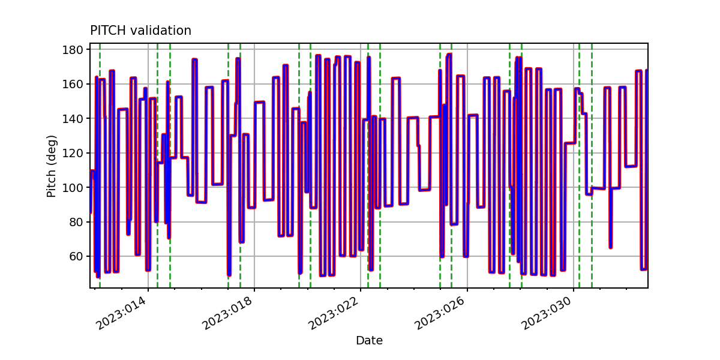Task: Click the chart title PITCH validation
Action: tap(140, 31)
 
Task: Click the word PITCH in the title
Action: tap(108, 31)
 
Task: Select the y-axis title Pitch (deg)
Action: tap(52, 166)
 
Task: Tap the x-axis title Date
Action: tap(369, 340)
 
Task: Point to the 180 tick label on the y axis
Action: tap(73, 50)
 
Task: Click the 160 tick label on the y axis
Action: tap(73, 84)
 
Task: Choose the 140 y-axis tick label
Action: tap(73, 119)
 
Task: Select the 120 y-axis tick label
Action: tap(73, 153)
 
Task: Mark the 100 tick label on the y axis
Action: tap(73, 187)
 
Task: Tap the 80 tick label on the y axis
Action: tap(76, 222)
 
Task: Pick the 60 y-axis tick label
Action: tap(76, 257)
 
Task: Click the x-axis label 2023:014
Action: tap(121, 313)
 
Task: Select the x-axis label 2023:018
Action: tap(227, 313)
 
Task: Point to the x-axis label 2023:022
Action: tap(334, 313)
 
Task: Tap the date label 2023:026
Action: tap(440, 313)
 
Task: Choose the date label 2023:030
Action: tap(547, 313)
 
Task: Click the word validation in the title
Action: tap(161, 31)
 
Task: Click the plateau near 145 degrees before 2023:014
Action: tap(123, 110)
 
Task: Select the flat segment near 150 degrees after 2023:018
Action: tap(259, 103)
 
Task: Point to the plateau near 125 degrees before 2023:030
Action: tap(570, 143)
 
